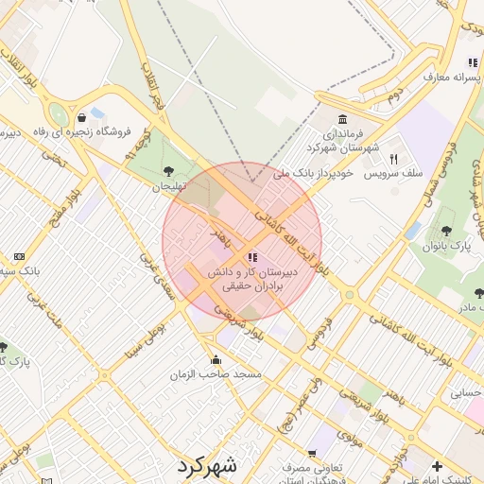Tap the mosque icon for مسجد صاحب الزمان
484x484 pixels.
click(217, 359)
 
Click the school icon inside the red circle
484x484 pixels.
click(251, 256)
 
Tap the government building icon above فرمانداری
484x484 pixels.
click(341, 120)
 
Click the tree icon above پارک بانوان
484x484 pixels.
click(446, 230)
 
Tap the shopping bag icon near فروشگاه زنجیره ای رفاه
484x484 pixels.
click(84, 117)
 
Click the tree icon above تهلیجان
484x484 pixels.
click(168, 171)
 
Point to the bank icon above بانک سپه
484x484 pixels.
click(19, 256)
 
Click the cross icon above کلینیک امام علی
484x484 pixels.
click(436, 465)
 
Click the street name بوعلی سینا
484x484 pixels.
click(132, 345)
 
